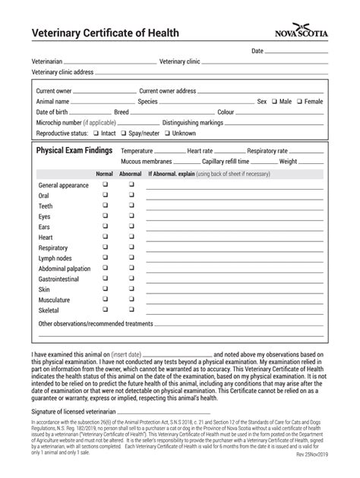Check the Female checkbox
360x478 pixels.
pos(300,101)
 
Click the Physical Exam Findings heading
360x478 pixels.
pos(74,151)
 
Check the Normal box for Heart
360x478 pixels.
pos(106,237)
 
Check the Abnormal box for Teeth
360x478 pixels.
pos(131,206)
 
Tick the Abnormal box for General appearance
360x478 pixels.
pos(131,184)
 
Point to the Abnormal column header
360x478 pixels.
pos(131,174)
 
